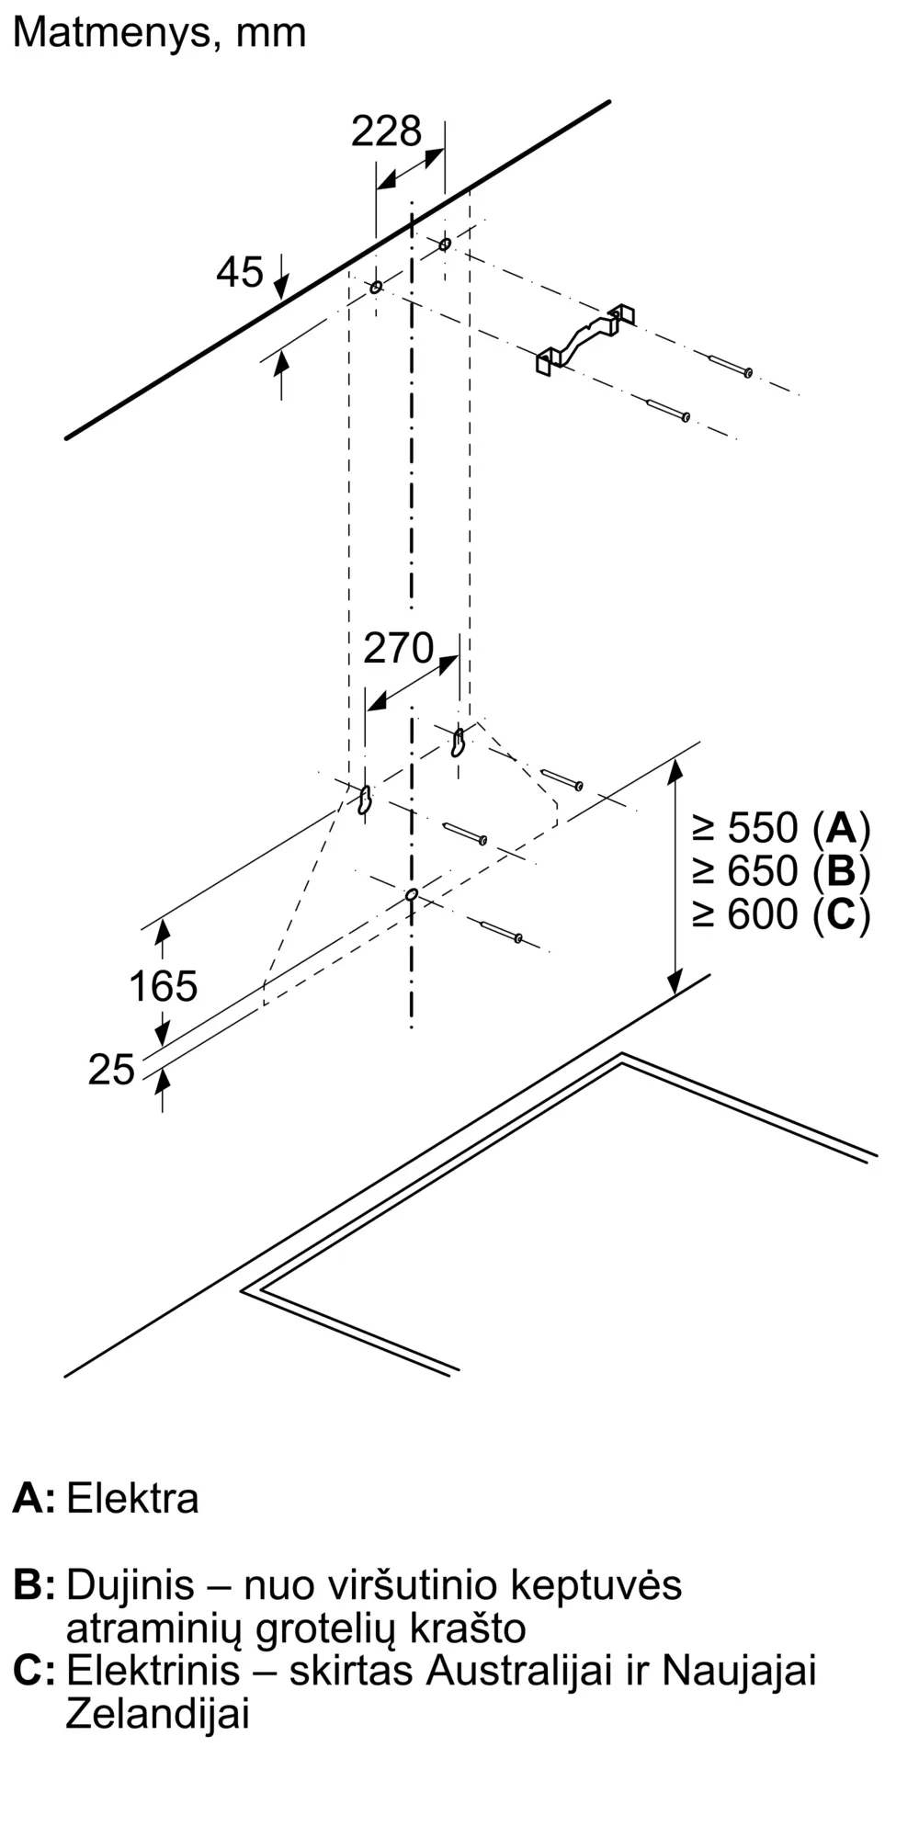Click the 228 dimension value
[386, 131]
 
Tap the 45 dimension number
[240, 272]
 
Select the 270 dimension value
[398, 649]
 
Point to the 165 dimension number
[163, 986]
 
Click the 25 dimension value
[111, 1070]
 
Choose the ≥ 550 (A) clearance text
[781, 828]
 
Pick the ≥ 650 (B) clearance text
[781, 870]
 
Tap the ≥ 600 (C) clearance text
[781, 913]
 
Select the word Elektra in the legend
[132, 1498]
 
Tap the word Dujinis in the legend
[130, 1585]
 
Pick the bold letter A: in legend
[33, 1498]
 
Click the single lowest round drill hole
[412, 894]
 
